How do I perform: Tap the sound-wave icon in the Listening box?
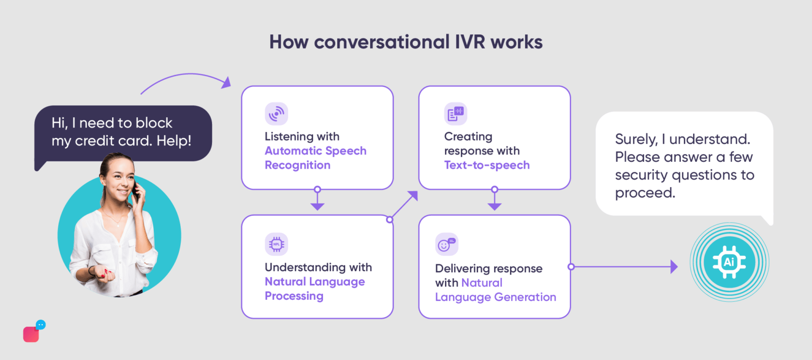tap(276, 114)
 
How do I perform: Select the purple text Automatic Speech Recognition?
tap(315, 158)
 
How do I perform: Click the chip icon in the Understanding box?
tap(276, 244)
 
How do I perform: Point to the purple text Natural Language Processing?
tap(315, 289)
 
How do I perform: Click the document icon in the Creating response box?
tap(455, 114)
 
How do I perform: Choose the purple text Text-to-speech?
tap(486, 165)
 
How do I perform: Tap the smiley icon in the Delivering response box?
tap(446, 244)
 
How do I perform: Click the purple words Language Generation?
tap(495, 297)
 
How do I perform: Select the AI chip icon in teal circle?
tap(729, 262)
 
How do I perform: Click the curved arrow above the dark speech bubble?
tap(185, 79)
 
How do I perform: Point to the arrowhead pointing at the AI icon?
tap(673, 267)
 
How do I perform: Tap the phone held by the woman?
tap(136, 193)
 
